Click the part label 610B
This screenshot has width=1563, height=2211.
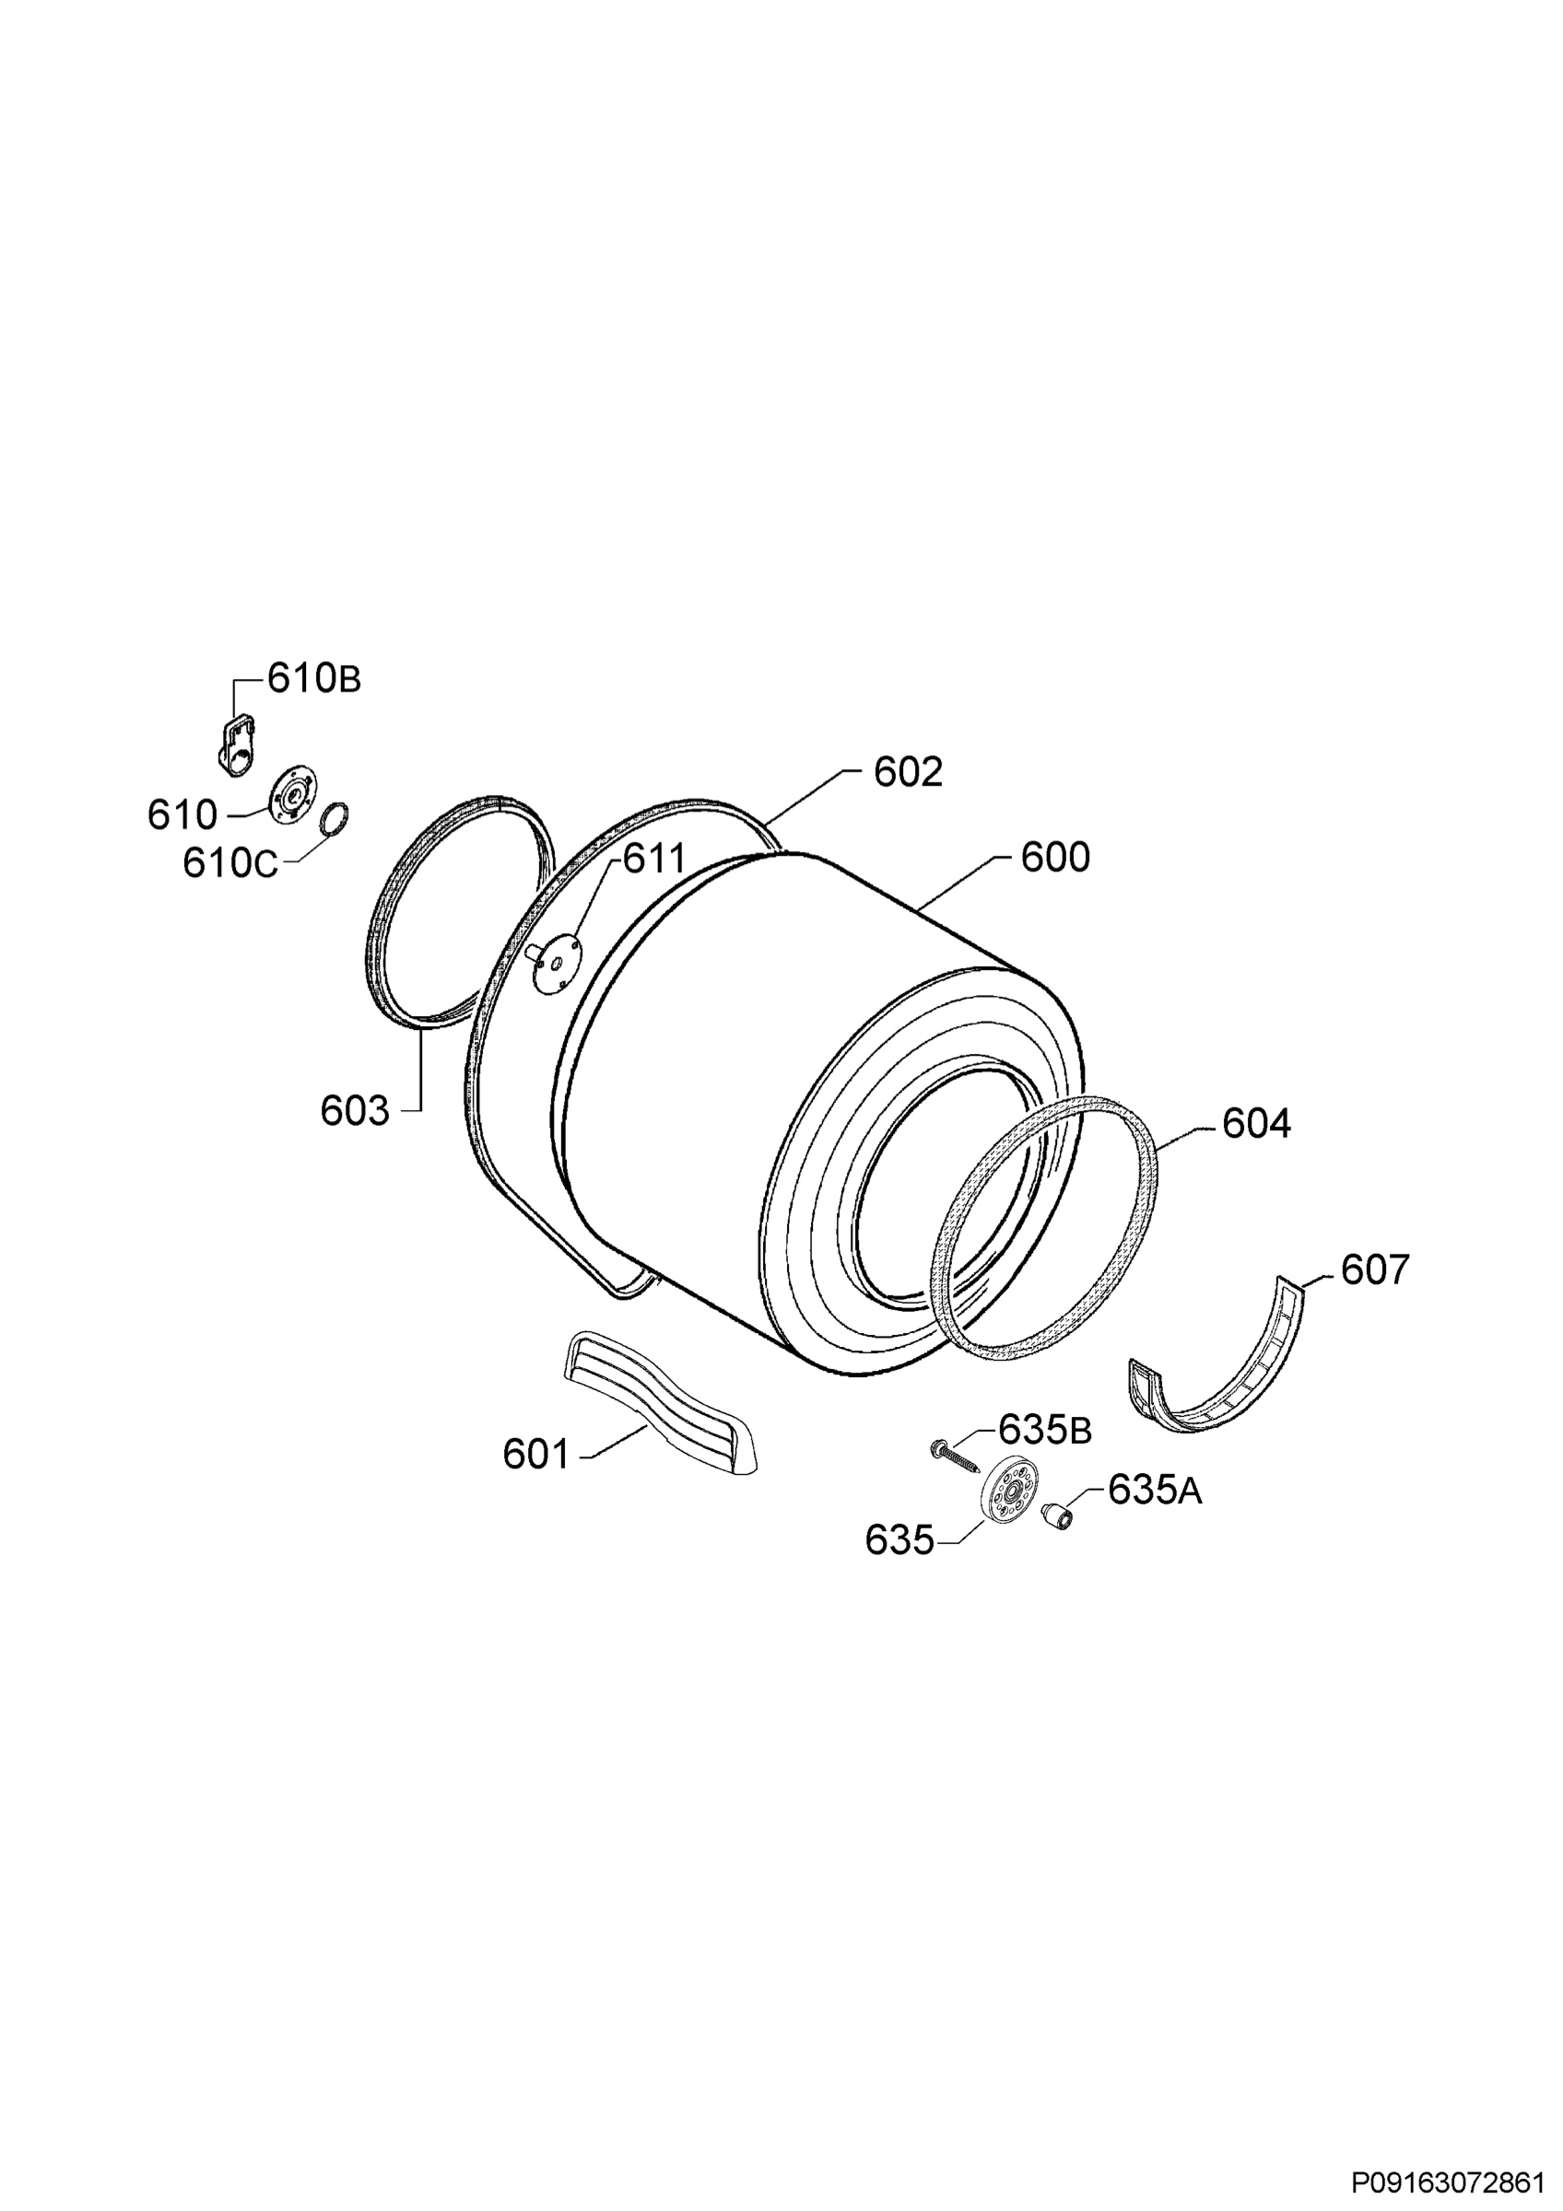click(314, 680)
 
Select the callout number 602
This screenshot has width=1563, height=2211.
click(908, 772)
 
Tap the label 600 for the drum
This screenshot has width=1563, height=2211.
click(1055, 857)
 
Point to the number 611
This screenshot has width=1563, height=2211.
click(654, 859)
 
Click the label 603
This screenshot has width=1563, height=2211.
click(356, 1111)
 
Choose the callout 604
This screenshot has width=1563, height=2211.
click(1257, 1124)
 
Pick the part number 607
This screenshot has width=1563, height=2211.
click(1375, 1270)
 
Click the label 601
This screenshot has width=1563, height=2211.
click(537, 1454)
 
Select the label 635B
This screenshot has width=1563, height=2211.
click(1045, 1430)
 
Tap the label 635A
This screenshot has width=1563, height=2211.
click(1155, 1490)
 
